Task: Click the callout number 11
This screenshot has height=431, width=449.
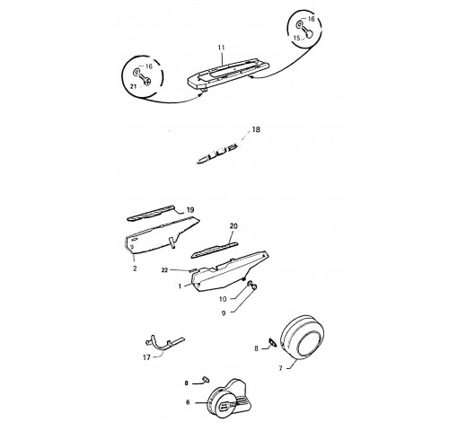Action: pyautogui.click(x=221, y=48)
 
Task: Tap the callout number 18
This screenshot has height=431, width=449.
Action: pyautogui.click(x=256, y=129)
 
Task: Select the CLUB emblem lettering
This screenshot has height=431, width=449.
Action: pyautogui.click(x=217, y=154)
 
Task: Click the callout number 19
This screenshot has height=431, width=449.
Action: pyautogui.click(x=190, y=210)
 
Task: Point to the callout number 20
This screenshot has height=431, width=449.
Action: pyautogui.click(x=233, y=226)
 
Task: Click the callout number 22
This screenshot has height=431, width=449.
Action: pyautogui.click(x=164, y=270)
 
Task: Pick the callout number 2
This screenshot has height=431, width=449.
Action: pyautogui.click(x=135, y=268)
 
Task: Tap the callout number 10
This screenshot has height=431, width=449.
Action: pyautogui.click(x=223, y=299)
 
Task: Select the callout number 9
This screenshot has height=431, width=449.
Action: pyautogui.click(x=224, y=313)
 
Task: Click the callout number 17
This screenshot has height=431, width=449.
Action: pyautogui.click(x=146, y=357)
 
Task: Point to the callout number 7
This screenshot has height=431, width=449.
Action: pyautogui.click(x=280, y=368)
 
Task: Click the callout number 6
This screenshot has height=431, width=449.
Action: pyautogui.click(x=188, y=402)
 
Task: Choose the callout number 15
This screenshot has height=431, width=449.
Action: pyautogui.click(x=296, y=39)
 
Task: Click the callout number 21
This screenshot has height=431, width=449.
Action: pyautogui.click(x=133, y=86)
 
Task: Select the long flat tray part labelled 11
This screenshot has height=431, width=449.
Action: pyautogui.click(x=227, y=74)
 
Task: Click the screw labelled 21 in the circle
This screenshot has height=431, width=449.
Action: pyautogui.click(x=146, y=80)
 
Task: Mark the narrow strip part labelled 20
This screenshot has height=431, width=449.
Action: pyautogui.click(x=215, y=250)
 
